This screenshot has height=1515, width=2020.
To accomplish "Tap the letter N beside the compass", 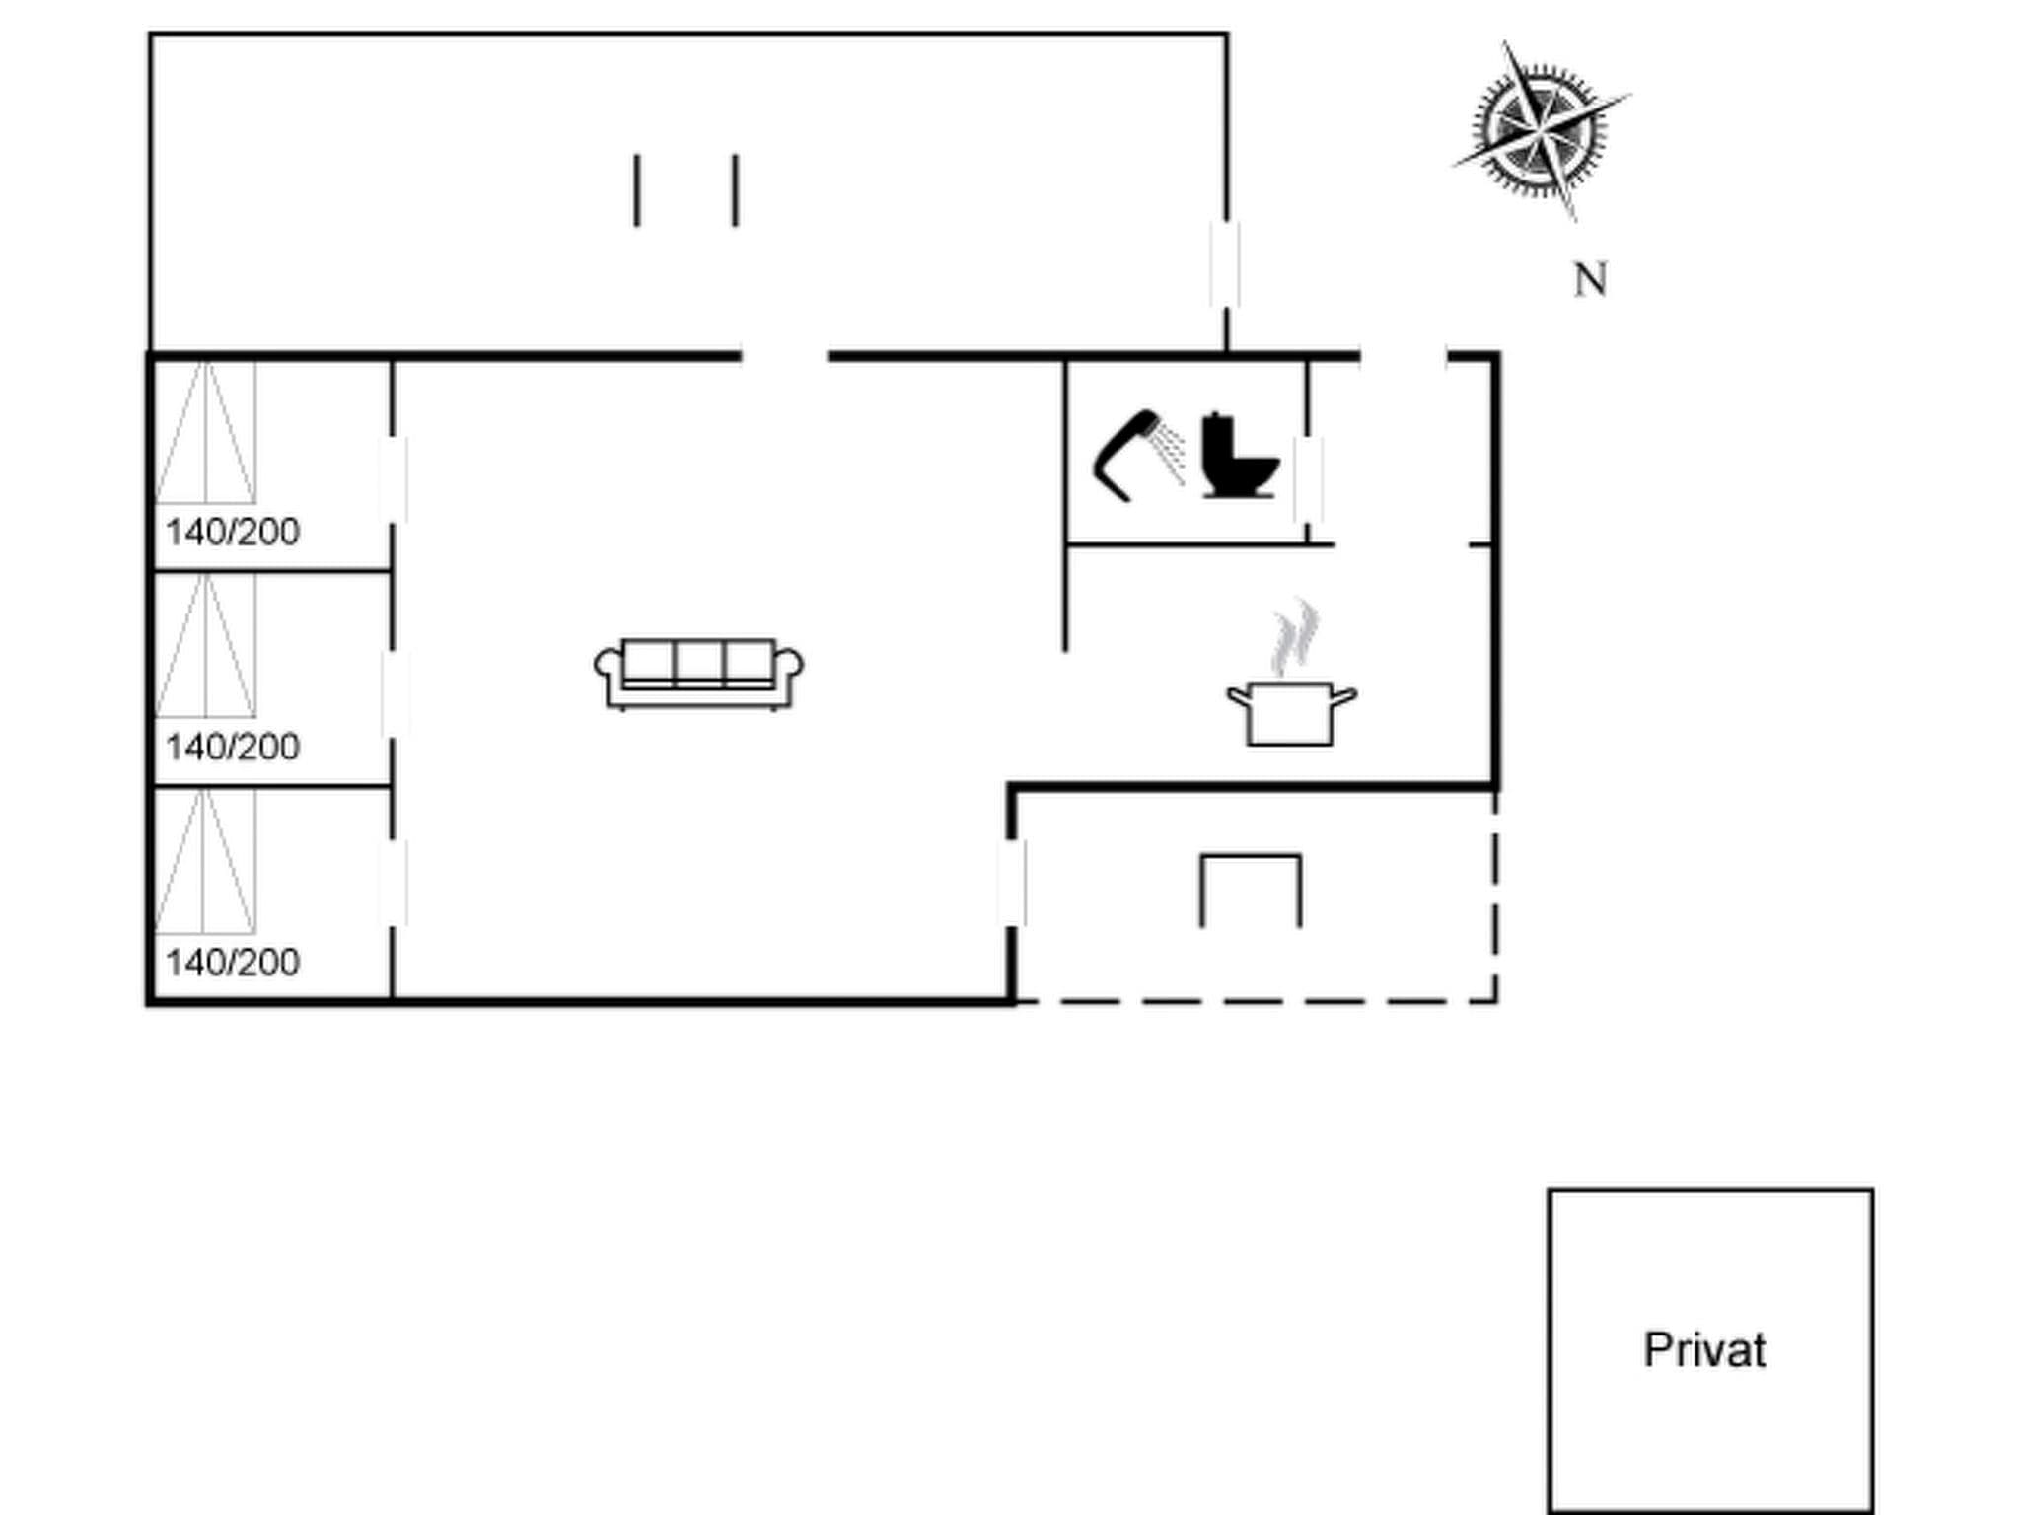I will click(1589, 280).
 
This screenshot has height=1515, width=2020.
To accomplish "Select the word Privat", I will click(1704, 1349).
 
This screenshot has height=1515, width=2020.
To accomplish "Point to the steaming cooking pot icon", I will click(1291, 712).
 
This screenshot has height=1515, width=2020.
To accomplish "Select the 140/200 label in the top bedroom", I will click(233, 533).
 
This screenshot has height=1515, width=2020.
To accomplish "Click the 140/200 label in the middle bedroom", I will click(233, 748).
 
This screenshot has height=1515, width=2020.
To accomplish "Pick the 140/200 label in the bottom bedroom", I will click(233, 963).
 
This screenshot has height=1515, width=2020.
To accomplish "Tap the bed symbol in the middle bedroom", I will click(205, 647).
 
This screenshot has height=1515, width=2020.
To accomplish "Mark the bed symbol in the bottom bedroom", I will click(205, 862).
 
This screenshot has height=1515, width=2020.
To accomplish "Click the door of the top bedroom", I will click(394, 480).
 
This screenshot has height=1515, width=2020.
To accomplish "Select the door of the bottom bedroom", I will click(394, 883).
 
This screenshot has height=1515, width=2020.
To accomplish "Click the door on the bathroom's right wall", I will click(1309, 479).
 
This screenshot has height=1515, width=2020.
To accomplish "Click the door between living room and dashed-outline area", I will click(1012, 883).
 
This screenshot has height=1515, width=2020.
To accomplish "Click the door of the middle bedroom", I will click(395, 694).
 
